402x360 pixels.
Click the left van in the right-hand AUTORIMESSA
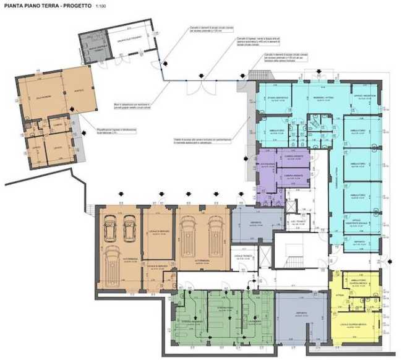pyautogui.click(x=187, y=238)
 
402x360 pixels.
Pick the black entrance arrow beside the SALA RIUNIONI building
pyautogui.click(x=73, y=118)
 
